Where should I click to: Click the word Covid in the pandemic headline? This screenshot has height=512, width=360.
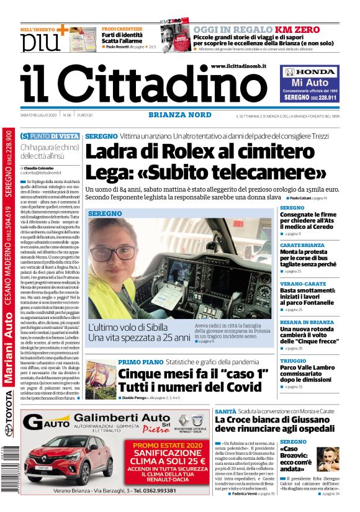coord(238,388)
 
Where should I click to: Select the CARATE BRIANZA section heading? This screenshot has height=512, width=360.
coord(302,245)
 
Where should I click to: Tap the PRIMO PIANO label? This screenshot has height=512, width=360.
coord(140,362)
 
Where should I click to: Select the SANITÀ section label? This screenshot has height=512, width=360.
coord(225,411)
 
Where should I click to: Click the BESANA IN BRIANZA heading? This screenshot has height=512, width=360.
coord(307,322)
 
